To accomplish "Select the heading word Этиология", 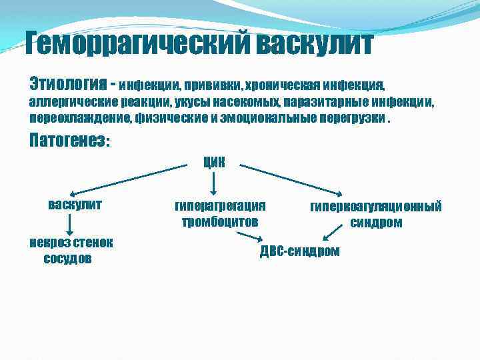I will (68, 85).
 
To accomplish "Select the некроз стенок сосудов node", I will (70, 250).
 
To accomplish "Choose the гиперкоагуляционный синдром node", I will (376, 214).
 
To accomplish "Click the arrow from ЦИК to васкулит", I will (127, 179).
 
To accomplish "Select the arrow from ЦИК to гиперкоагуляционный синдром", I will (293, 180).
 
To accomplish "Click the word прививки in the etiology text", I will (213, 86).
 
